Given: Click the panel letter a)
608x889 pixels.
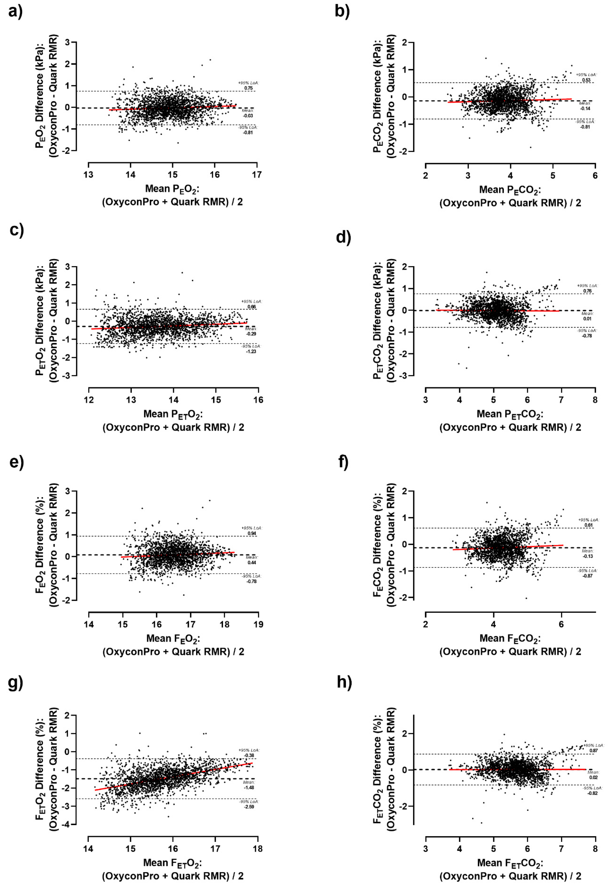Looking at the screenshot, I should point(15,11).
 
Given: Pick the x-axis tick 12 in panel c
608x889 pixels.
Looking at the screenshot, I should point(89,400).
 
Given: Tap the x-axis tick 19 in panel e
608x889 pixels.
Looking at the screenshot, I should point(258,624).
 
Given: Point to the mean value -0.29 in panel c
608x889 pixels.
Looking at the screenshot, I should point(251,334).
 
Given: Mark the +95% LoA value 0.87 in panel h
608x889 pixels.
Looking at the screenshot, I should point(593,751).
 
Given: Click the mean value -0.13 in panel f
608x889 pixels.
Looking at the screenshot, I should point(588,556).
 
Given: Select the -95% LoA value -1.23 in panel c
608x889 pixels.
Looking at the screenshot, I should point(251,351).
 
